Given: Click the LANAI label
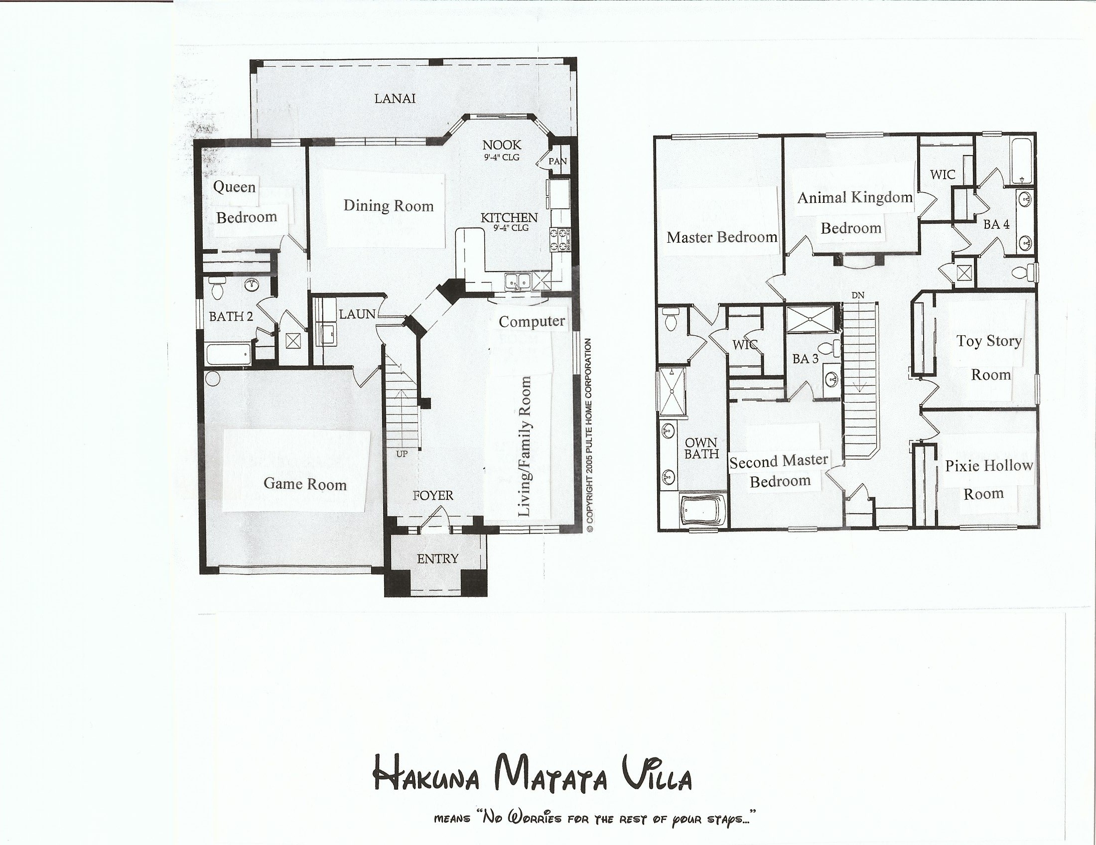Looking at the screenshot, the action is [395, 98].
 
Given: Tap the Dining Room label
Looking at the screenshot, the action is [389, 206].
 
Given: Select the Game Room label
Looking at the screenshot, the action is [305, 484].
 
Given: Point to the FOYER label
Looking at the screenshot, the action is [433, 496].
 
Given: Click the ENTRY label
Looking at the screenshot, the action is [437, 559].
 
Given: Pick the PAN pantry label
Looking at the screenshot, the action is [557, 161].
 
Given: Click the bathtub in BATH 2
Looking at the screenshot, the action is [228, 354].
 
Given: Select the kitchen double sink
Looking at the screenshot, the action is [518, 282].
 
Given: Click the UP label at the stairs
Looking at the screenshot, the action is [402, 454].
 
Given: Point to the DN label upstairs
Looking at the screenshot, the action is [858, 295].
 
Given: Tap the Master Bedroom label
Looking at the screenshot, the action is [722, 237].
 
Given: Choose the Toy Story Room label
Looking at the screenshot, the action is [989, 357].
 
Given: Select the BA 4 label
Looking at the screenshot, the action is [997, 224].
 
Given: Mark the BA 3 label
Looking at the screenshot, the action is [806, 359].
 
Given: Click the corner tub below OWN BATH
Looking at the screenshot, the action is [702, 511].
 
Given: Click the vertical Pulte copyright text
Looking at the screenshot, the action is [590, 435].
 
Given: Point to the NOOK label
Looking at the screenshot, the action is [502, 145].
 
